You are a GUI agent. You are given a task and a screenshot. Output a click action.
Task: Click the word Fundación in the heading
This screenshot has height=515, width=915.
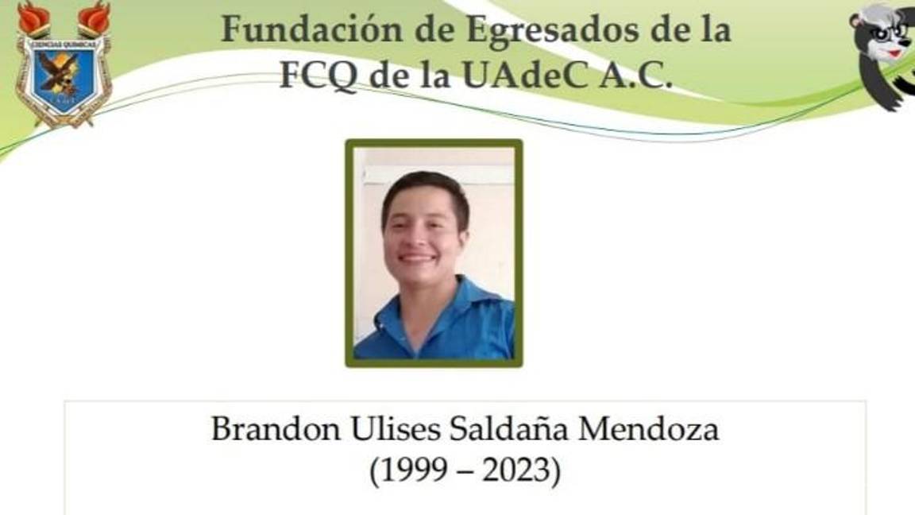312,29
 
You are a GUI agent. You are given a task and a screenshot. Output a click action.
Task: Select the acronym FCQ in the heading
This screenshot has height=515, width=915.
319,75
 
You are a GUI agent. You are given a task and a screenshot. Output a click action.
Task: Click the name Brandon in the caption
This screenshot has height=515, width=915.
276,429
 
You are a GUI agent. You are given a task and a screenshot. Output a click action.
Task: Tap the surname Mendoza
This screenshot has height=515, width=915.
648,429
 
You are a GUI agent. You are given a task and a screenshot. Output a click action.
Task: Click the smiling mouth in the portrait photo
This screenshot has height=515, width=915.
417,257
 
